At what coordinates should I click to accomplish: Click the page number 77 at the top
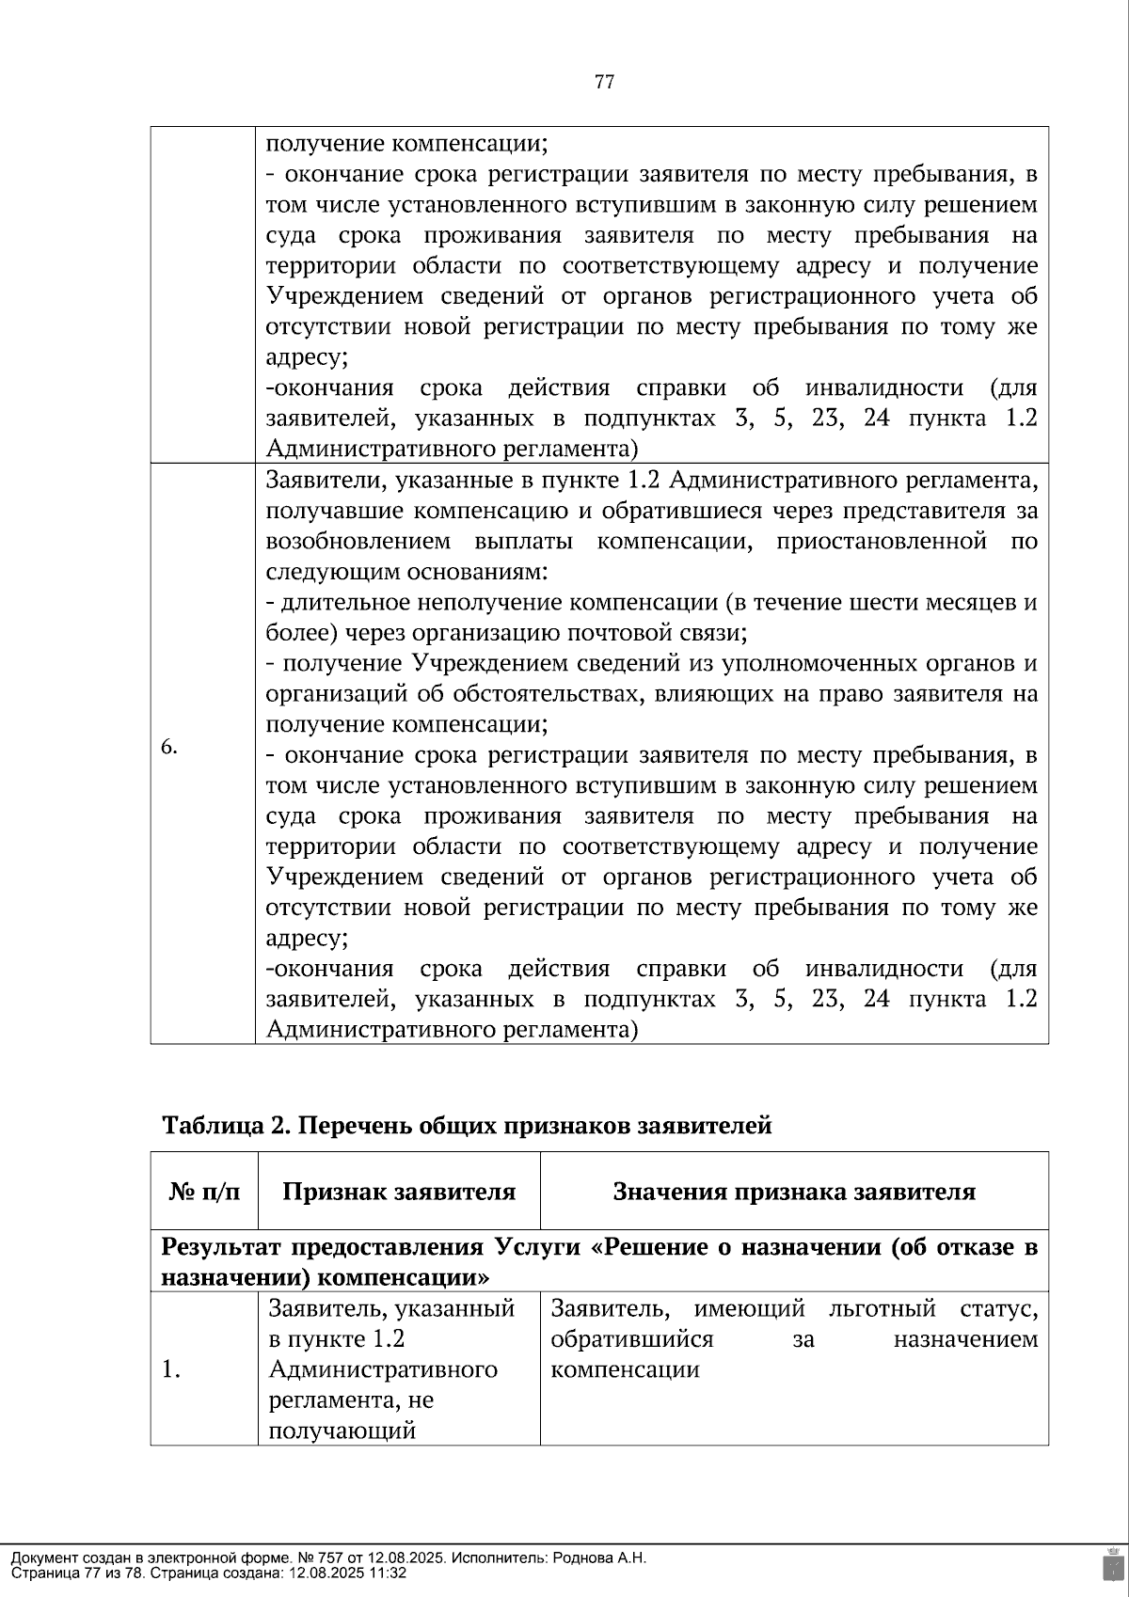click(x=605, y=82)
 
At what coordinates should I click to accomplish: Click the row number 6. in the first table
click(x=169, y=747)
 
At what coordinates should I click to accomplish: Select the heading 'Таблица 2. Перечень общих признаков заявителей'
click(x=467, y=1126)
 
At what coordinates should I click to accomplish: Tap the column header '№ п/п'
click(x=204, y=1193)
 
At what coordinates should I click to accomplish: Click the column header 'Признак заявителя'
click(x=399, y=1193)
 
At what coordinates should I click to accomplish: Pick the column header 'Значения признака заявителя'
click(x=794, y=1193)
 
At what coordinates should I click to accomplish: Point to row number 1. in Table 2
click(x=170, y=1369)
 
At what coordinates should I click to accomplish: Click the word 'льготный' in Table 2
click(x=883, y=1308)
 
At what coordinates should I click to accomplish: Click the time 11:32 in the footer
click(x=389, y=1573)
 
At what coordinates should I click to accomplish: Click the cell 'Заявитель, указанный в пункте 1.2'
click(x=391, y=1323)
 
